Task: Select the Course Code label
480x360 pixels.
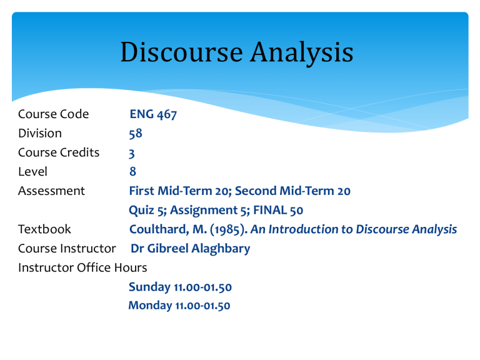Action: [x=54, y=114]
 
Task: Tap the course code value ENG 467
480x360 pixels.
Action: [x=152, y=114]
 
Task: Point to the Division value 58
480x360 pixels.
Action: [x=136, y=134]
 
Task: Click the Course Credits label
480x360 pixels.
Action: [x=59, y=152]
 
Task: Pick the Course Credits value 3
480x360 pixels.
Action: [x=132, y=153]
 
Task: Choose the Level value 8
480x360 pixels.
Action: [x=132, y=172]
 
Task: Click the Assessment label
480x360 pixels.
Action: [x=52, y=191]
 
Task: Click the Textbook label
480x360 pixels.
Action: [x=45, y=229]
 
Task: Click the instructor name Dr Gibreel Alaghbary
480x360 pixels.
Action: [x=191, y=249]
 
